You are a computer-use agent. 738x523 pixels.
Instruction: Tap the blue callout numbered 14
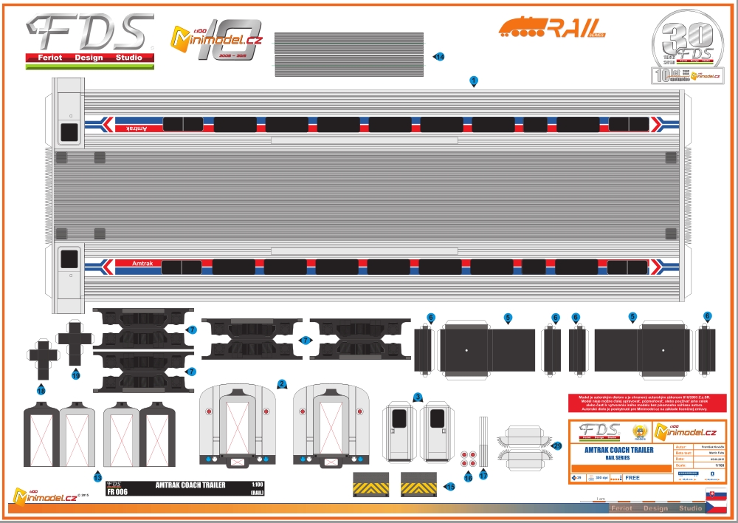pos(439,57)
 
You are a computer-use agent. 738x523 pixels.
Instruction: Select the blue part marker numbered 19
pos(76,375)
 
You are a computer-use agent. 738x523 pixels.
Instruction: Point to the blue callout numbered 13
pos(97,478)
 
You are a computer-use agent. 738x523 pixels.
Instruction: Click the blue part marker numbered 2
pos(282,383)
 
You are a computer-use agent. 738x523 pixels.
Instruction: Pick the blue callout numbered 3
pos(418,397)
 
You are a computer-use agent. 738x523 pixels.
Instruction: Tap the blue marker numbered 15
pos(450,486)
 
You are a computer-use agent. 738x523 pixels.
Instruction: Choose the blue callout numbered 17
pos(483,476)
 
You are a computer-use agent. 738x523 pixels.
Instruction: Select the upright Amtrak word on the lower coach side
pos(144,263)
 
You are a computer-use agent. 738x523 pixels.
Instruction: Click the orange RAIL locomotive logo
pos(551,28)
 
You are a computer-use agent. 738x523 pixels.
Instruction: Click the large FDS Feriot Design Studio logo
pos(89,41)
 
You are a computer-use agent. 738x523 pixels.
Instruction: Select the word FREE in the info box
pos(632,478)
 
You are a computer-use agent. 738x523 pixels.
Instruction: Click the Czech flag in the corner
pos(716,509)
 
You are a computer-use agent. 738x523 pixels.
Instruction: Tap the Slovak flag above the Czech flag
pos(716,494)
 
